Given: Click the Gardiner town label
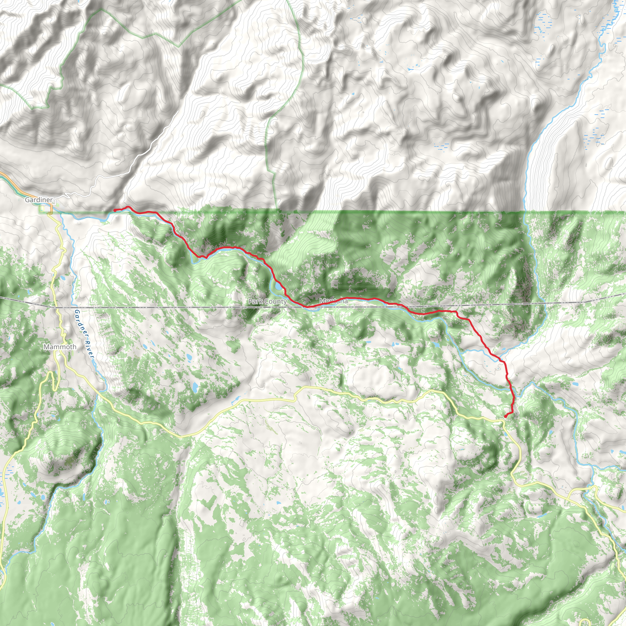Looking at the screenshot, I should click(39, 200).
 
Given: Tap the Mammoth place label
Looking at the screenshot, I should click(60, 347).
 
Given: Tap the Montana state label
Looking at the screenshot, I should click(333, 301).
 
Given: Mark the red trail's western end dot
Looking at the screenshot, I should click(115, 210).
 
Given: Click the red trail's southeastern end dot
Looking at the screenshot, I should click(506, 416).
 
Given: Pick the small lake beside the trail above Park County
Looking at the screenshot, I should click(278, 286).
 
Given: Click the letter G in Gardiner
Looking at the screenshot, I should click(27, 200).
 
